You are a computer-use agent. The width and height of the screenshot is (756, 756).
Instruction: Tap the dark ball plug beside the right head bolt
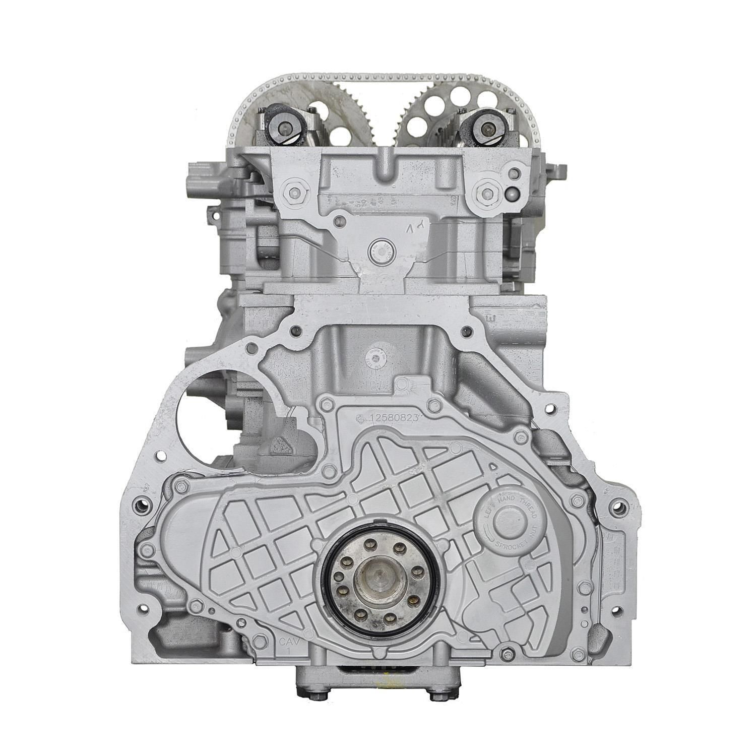coord(512,194)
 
